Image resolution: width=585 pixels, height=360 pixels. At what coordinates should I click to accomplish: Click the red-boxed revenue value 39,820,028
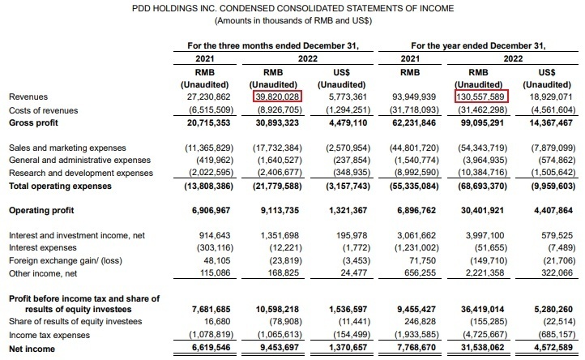tap(278, 96)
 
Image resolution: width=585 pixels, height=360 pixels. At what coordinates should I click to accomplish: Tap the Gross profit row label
tap(33, 122)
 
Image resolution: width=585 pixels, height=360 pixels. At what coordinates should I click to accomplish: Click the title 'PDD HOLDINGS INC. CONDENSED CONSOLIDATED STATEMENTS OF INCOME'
tap(292, 7)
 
